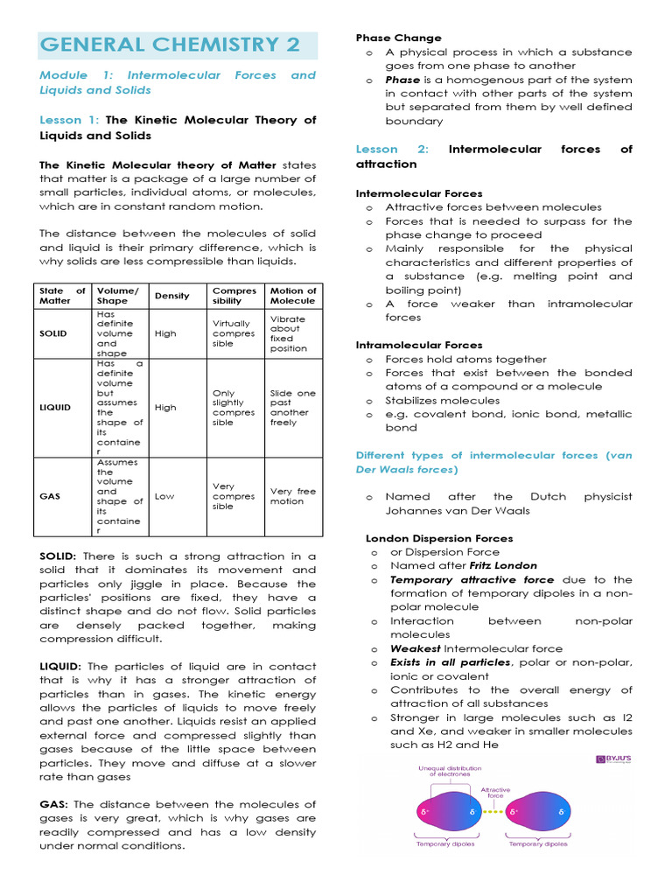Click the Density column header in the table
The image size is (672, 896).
171,296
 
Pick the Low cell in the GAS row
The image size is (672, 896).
164,496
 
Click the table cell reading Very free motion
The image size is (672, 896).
293,496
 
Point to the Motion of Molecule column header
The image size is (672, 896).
293,296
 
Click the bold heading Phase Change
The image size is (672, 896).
398,38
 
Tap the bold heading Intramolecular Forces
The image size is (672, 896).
418,345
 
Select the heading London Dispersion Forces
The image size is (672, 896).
439,538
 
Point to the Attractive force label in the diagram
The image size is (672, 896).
496,793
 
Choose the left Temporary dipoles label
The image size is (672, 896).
444,844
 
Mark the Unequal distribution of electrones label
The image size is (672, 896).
449,773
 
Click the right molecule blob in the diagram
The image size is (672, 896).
544,812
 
